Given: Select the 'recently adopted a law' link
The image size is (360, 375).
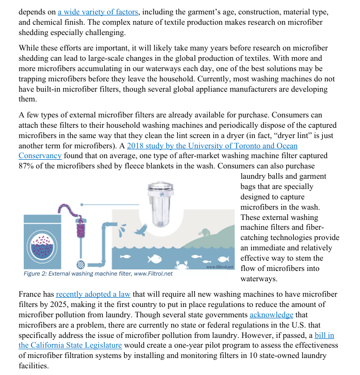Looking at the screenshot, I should click(x=93, y=294).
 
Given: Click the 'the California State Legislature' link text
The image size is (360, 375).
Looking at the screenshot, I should click(x=70, y=345).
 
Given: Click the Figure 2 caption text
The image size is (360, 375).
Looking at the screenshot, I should click(x=98, y=274).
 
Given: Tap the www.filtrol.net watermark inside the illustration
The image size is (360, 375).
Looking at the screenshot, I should click(x=220, y=266).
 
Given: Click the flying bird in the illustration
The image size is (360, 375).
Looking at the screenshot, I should click(x=138, y=231).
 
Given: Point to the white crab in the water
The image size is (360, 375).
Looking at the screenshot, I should click(x=183, y=265).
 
